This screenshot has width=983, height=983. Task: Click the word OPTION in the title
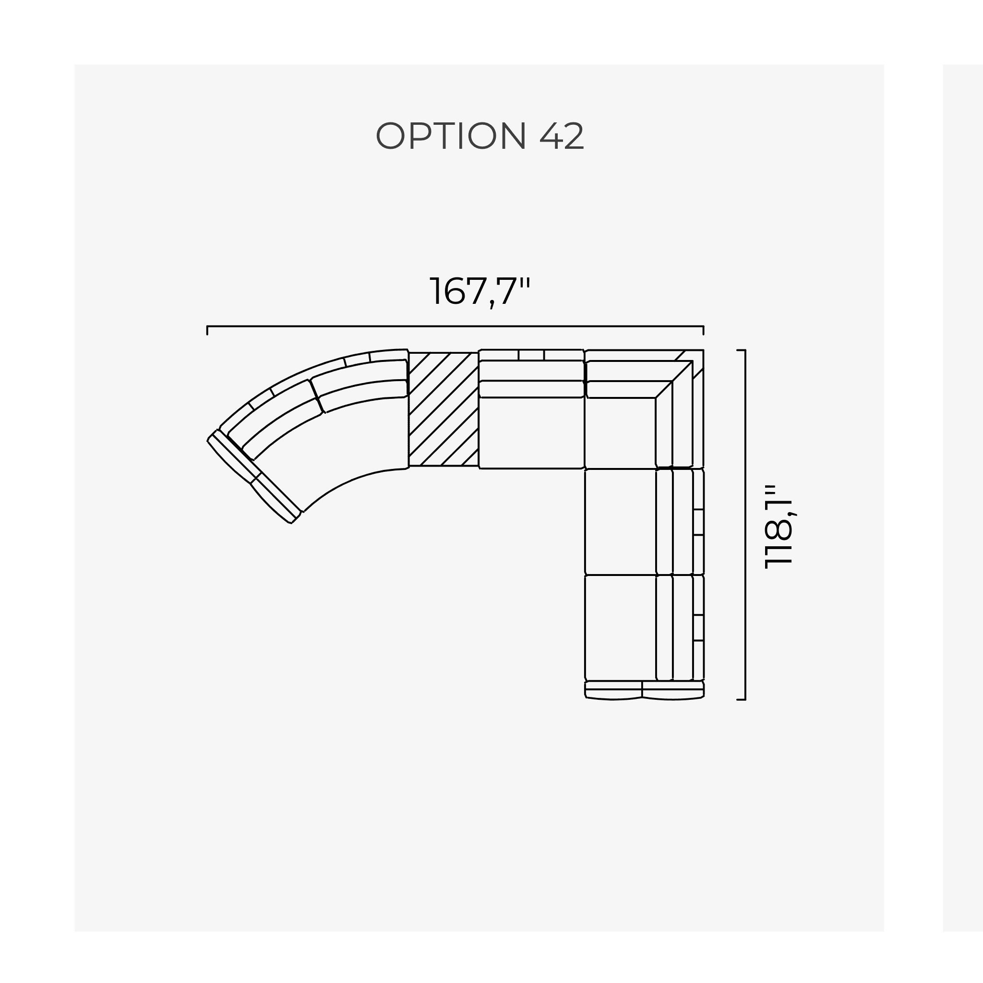[x=451, y=136]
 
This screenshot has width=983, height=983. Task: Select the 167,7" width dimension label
[x=480, y=291]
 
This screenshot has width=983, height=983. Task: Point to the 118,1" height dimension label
[x=779, y=526]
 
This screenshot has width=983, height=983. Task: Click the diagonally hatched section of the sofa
[x=443, y=408]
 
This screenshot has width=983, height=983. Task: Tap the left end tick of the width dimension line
[x=207, y=330]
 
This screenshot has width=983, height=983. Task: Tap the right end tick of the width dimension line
[x=703, y=330]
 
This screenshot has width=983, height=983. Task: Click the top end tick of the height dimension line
[x=741, y=350]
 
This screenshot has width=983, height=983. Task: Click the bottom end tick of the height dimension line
[x=741, y=700]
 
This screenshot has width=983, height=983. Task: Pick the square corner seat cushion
[x=620, y=432]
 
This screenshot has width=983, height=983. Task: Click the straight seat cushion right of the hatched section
[x=531, y=432]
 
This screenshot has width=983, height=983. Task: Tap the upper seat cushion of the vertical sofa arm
[x=620, y=522]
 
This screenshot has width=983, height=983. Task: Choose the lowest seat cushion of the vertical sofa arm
[x=620, y=627]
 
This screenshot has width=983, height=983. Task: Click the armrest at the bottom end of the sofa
[x=644, y=690]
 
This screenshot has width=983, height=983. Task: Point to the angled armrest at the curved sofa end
[x=253, y=477]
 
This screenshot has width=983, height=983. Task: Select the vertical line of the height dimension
[x=745, y=525]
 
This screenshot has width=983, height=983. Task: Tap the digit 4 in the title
[x=550, y=136]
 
